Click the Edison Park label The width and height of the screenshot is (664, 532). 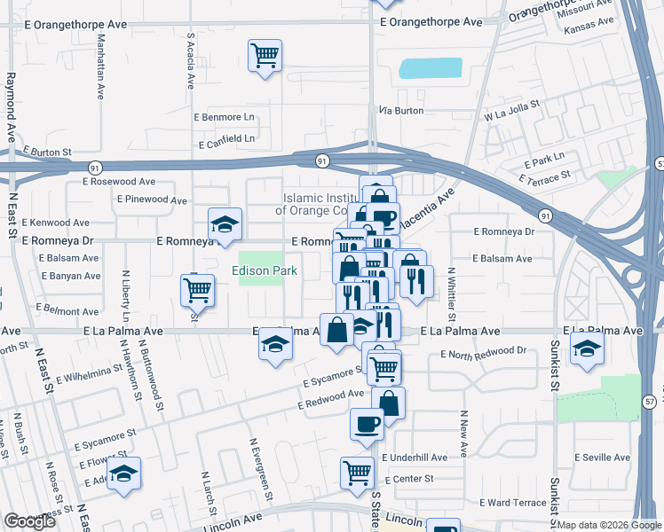pyautogui.click(x=265, y=270)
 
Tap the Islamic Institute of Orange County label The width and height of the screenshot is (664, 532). pyautogui.click(x=315, y=204)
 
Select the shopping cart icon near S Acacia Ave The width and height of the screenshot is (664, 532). pyautogui.click(x=265, y=56)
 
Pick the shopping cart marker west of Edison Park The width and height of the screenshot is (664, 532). pyautogui.click(x=197, y=290)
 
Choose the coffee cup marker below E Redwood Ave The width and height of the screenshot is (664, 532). pyautogui.click(x=367, y=424)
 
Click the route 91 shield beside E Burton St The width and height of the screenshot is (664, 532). pyautogui.click(x=94, y=166)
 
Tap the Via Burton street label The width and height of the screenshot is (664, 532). pyautogui.click(x=401, y=111)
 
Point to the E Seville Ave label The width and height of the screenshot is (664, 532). pyautogui.click(x=601, y=458)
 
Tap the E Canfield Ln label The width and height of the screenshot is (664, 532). pyautogui.click(x=226, y=140)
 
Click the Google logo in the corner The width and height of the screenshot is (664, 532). pyautogui.click(x=29, y=521)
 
